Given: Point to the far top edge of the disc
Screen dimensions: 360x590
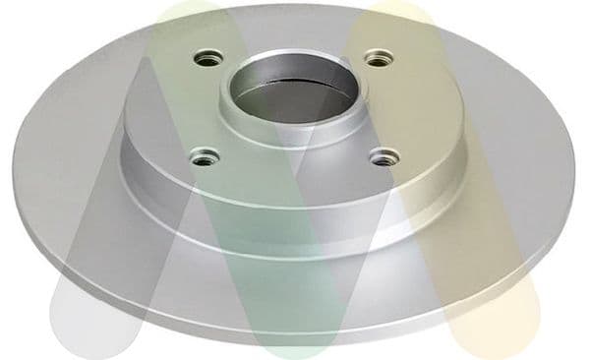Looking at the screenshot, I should coord(295,5).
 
